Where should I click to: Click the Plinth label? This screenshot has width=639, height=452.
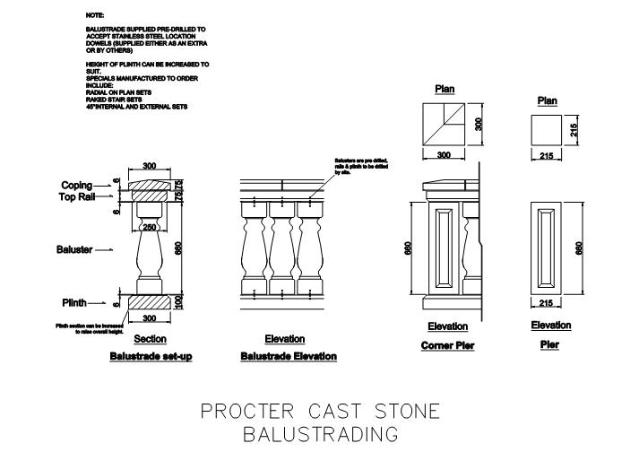pos(74,302)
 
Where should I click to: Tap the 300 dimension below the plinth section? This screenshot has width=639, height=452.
pos(149,319)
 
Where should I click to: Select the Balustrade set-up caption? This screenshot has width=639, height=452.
pos(151,356)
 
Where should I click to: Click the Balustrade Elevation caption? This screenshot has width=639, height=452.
pos(289,356)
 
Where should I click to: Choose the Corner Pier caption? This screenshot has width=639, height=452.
pos(447,345)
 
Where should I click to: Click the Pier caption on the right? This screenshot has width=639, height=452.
pos(550,344)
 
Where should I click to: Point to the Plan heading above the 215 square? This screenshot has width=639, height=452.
pos(547,101)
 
